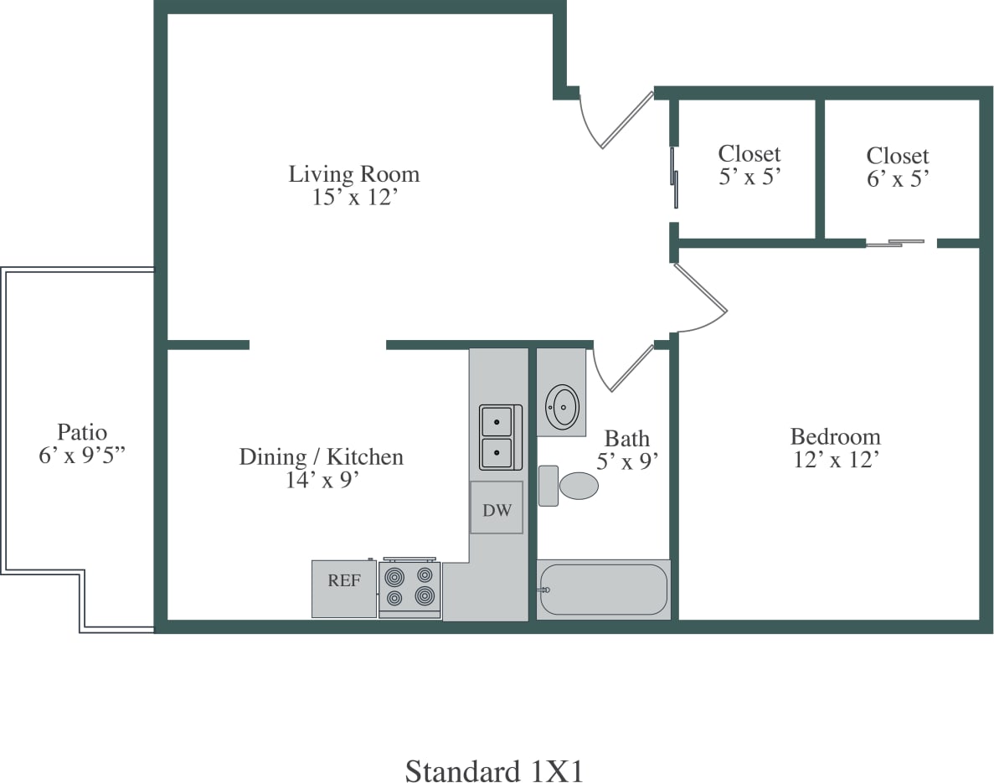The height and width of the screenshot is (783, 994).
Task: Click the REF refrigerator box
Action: pyautogui.click(x=344, y=589)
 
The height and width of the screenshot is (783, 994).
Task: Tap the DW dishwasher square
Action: pyautogui.click(x=497, y=507)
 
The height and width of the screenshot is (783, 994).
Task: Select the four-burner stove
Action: pyautogui.click(x=409, y=587)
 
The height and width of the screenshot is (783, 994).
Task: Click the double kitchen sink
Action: pyautogui.click(x=499, y=437)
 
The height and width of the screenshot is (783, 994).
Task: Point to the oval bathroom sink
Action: pyautogui.click(x=562, y=407)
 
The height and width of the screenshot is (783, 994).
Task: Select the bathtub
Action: pyautogui.click(x=603, y=590)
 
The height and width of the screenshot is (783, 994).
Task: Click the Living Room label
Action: pyautogui.click(x=353, y=174)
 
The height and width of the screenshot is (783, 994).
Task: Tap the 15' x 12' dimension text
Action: pyautogui.click(x=353, y=198)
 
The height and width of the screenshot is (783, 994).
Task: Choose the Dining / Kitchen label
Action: pyautogui.click(x=322, y=456)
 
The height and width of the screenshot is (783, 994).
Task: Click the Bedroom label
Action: pyautogui.click(x=835, y=436)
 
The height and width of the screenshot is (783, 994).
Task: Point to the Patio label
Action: pyautogui.click(x=82, y=432)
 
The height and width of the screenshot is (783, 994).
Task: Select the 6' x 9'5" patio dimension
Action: pyautogui.click(x=82, y=456)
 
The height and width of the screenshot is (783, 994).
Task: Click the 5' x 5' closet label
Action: pyautogui.click(x=749, y=177)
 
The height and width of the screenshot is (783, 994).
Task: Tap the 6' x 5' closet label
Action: pyautogui.click(x=897, y=178)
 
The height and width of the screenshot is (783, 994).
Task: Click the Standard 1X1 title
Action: pyautogui.click(x=494, y=770)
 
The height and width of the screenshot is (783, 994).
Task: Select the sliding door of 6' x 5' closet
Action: pyautogui.click(x=896, y=243)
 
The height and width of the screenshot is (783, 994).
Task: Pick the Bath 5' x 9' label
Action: pyautogui.click(x=626, y=449)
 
